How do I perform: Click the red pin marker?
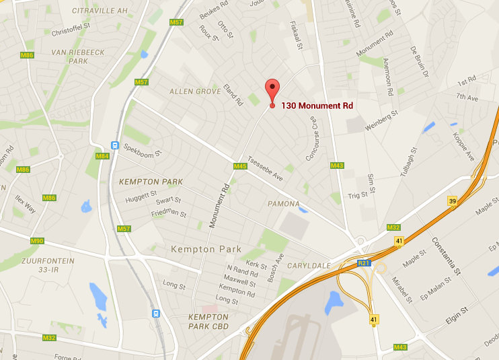(272, 91)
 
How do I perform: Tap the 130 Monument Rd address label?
(317, 106)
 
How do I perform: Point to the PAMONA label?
(283, 203)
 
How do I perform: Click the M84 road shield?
(102, 157)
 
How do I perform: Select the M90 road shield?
(38, 241)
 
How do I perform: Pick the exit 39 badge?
(453, 201)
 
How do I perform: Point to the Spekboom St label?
(140, 153)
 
